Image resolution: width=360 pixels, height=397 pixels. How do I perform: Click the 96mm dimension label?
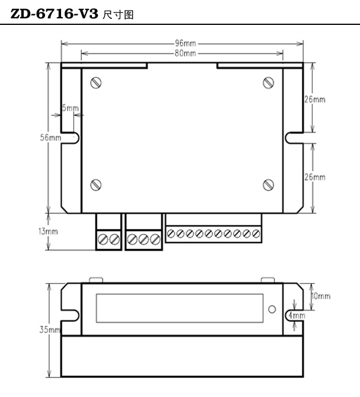(185, 43)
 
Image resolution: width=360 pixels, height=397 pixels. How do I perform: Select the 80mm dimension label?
(185, 53)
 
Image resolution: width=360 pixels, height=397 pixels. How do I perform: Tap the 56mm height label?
(50, 137)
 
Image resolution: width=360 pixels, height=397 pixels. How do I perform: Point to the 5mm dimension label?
(70, 108)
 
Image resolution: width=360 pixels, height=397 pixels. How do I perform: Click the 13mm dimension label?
(48, 232)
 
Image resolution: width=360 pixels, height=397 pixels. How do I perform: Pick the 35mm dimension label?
(50, 329)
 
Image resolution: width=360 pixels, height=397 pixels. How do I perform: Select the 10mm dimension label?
(321, 296)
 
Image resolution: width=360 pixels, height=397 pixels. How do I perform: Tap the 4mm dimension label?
(297, 315)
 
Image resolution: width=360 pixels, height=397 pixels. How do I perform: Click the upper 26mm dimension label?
(315, 100)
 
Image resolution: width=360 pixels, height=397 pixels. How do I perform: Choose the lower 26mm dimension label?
(315, 177)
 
